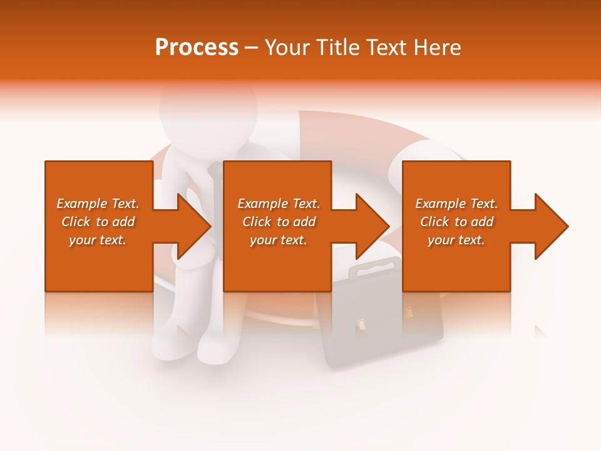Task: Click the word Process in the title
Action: tap(197, 48)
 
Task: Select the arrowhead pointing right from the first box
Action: tap(192, 226)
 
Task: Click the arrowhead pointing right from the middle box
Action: tap(370, 226)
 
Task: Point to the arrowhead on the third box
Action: tap(549, 226)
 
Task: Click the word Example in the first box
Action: tap(81, 204)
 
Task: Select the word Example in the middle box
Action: tap(262, 204)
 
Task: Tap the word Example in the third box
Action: tap(440, 204)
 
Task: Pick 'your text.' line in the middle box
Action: tap(278, 240)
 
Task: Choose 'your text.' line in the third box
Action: tap(456, 240)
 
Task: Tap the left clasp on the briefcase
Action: tap(361, 324)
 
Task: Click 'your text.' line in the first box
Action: tap(97, 240)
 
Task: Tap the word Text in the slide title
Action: tap(387, 48)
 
